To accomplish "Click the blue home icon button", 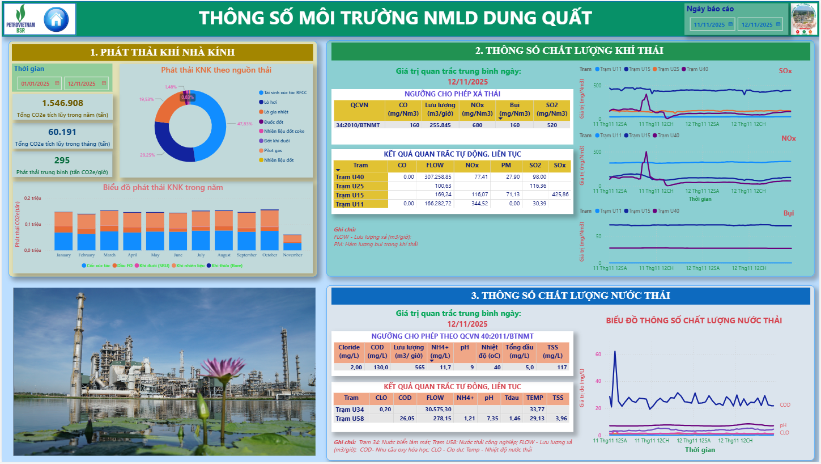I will pos(56,19).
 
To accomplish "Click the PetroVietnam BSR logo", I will pos(19,19).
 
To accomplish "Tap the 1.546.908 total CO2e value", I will pos(62,103).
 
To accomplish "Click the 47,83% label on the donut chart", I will pos(245,124).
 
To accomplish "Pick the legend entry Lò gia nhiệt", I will pos(276,112).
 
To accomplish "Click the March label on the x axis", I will pos(109,255).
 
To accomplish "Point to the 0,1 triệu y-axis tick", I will pos(33,224).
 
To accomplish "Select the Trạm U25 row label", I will pos(350,186).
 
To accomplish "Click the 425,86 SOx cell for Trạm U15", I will pos(560,195).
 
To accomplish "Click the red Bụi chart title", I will pos(788,213).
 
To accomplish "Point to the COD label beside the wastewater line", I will pos(785,405).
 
